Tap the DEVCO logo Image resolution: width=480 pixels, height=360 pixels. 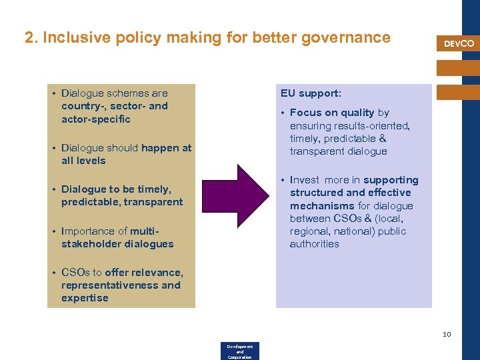(459, 43)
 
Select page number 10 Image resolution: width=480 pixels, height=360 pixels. (447, 334)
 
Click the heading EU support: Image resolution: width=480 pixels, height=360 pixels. (311, 93)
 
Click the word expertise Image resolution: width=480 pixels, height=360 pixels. (85, 298)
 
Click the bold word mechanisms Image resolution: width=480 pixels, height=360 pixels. (322, 206)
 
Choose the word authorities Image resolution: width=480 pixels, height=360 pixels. (314, 244)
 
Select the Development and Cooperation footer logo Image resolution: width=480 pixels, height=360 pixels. (239, 351)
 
